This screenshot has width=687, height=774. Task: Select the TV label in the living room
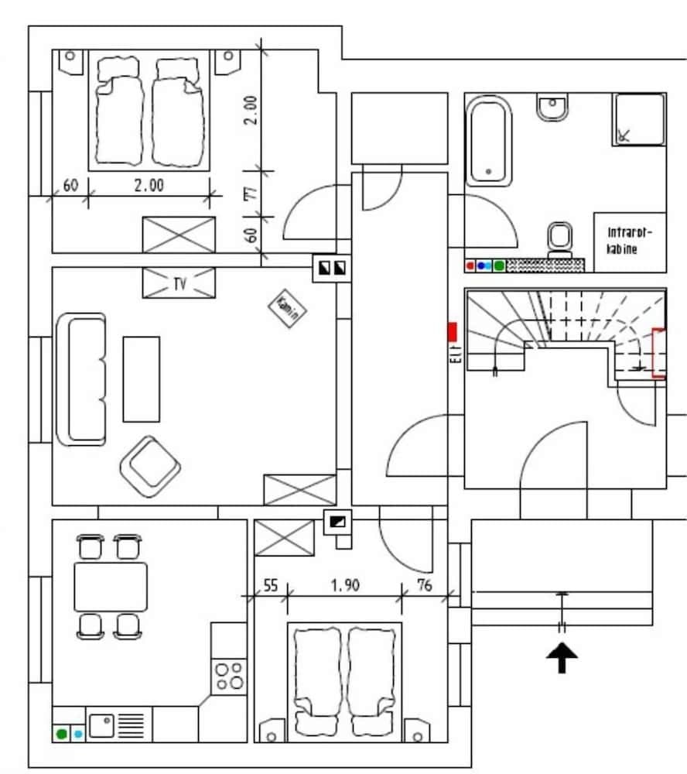coord(179,284)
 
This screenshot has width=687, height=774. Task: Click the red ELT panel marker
coord(453,332)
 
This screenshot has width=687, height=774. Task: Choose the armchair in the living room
coord(150,467)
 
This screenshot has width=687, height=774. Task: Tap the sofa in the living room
coord(80,378)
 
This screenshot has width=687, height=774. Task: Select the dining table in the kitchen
coord(111,587)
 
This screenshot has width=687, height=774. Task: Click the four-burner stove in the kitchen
coord(230,676)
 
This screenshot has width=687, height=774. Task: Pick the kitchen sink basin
coord(102,725)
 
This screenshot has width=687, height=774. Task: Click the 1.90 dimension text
coord(345,586)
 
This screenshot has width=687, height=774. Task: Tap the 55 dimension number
coord(270,586)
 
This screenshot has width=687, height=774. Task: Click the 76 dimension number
coord(424,586)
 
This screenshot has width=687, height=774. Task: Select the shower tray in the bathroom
coord(639,119)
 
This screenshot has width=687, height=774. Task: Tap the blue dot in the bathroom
coord(483,265)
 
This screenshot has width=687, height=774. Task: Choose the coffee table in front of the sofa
coord(142,378)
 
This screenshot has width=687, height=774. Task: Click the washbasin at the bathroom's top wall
coord(553,108)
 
